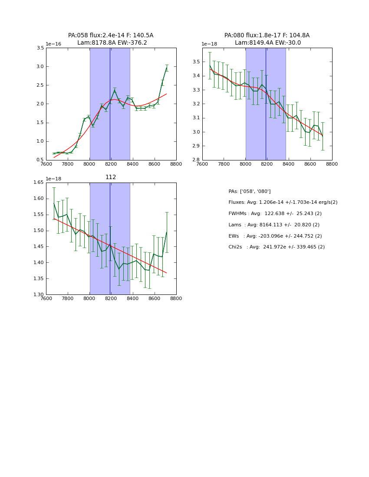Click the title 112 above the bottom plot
tap(111, 177)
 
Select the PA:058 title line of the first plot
tap(111, 36)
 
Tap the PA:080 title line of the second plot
tap(267, 36)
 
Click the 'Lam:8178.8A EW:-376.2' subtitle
tap(112, 43)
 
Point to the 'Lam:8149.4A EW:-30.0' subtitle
tap(268, 43)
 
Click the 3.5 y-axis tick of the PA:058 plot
tap(40, 48)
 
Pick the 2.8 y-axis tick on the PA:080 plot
tap(196, 160)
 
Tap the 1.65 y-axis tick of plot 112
tap(38, 183)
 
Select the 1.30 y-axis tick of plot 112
tap(38, 295)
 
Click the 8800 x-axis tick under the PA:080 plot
tap(332, 164)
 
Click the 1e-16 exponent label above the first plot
tap(53, 44)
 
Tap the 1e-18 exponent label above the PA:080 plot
tap(210, 44)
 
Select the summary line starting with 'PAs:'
tap(250, 192)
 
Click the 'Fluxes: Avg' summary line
tap(283, 203)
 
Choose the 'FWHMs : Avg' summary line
tap(275, 214)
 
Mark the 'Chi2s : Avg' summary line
tap(277, 247)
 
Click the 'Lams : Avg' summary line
tap(274, 225)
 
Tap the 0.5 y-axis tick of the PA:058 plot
tap(40, 160)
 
